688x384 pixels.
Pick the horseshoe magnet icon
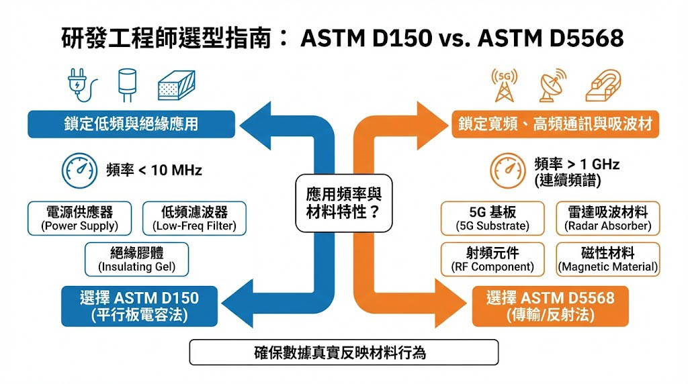(x=602, y=84)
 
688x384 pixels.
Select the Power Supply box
(x=80, y=219)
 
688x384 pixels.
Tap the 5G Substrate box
(x=492, y=219)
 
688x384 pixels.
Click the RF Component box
(x=492, y=259)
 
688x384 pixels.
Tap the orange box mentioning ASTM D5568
(x=550, y=306)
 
